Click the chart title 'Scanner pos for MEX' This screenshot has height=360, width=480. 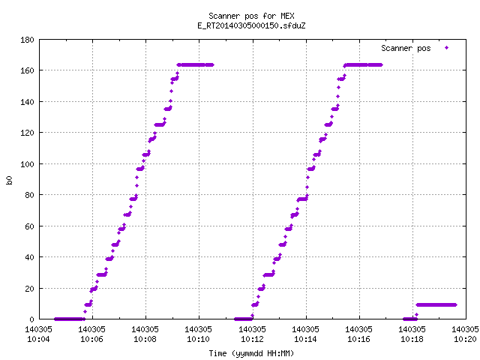coord(251,16)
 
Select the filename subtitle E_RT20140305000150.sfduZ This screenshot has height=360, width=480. coord(251,25)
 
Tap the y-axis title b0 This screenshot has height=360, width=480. coord(9,180)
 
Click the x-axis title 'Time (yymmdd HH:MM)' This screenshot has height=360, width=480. coord(251,353)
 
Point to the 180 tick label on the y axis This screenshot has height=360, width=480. coord(27,40)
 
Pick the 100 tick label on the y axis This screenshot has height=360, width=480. coord(27,164)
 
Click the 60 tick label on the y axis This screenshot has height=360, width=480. coord(29,226)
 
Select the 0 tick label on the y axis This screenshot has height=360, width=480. coord(31,319)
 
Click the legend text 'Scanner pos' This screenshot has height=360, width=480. coord(406,48)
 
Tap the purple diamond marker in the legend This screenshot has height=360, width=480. coord(447,48)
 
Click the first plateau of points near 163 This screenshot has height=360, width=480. coord(195,65)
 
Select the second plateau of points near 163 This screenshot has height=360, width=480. coord(363,65)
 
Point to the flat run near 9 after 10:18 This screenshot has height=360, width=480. coord(436,305)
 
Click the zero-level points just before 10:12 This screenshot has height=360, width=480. coord(244,319)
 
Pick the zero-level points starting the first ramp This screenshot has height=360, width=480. coord(70,319)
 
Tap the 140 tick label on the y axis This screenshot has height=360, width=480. coord(27,102)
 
